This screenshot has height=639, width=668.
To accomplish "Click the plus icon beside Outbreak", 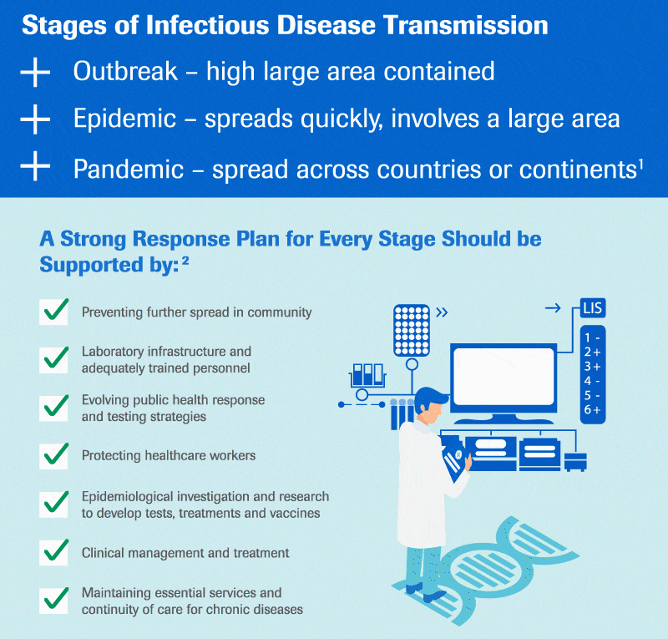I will pyautogui.click(x=36, y=73).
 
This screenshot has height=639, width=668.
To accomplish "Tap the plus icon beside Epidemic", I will pyautogui.click(x=36, y=120).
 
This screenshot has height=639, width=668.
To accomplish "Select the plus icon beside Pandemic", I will pyautogui.click(x=36, y=168).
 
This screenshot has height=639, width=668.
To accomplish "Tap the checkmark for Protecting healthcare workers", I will pyautogui.click(x=54, y=455).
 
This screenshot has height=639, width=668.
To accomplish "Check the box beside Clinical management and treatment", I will pyautogui.click(x=54, y=552).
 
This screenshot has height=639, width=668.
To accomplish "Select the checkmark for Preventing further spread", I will pyautogui.click(x=54, y=312).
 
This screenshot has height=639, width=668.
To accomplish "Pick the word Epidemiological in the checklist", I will pyautogui.click(x=129, y=497).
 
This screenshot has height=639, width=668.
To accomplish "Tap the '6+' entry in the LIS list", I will pyautogui.click(x=592, y=409).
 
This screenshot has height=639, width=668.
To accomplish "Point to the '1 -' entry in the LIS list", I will pyautogui.click(x=592, y=338).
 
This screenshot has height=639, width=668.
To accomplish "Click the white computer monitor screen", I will pyautogui.click(x=504, y=377).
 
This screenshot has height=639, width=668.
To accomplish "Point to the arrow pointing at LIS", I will pyautogui.click(x=553, y=309).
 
